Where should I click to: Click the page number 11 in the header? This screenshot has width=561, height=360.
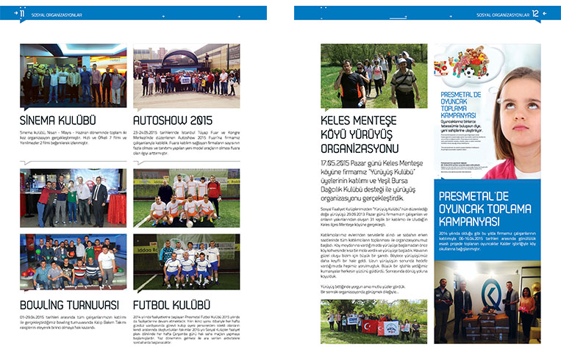(22, 13)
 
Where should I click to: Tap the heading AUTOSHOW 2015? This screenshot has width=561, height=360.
(172, 120)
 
